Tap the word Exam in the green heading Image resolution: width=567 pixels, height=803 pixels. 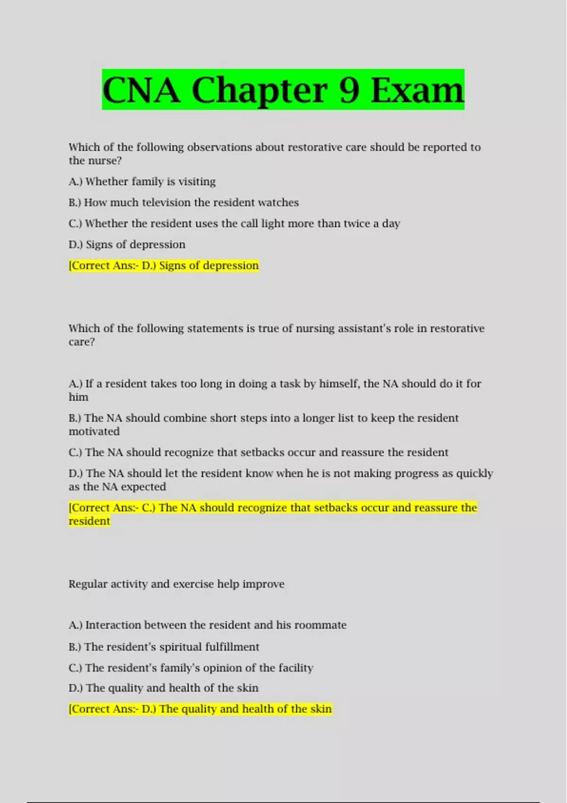(x=417, y=90)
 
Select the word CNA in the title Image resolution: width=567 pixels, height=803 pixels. (x=141, y=90)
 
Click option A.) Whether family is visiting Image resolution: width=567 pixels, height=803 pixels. (x=142, y=181)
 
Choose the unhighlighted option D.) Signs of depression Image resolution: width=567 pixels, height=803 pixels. (x=127, y=245)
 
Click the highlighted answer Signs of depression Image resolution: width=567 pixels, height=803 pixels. (x=209, y=265)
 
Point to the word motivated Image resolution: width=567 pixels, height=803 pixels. (x=94, y=431)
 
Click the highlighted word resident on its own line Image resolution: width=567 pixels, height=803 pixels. (x=89, y=521)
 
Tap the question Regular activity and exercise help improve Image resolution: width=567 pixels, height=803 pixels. (x=176, y=584)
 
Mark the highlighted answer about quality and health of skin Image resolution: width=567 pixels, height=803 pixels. (x=200, y=709)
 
